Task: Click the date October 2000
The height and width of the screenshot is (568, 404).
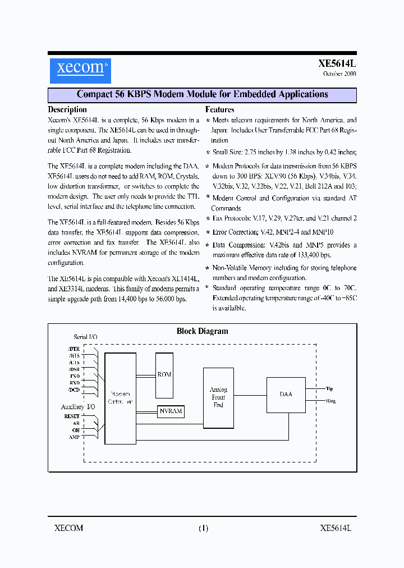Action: [x=339, y=74]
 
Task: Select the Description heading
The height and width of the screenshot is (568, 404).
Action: [x=67, y=110]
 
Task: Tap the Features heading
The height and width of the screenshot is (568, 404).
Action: [x=220, y=110]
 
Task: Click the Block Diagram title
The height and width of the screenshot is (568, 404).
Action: [x=203, y=331]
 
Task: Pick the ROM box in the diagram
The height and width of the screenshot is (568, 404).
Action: [x=164, y=374]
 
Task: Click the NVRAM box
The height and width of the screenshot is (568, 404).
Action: [x=171, y=411]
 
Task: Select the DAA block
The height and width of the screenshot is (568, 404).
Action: [x=286, y=395]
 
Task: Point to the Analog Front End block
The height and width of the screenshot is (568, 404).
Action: [x=218, y=397]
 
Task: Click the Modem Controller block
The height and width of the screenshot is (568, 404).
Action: [x=121, y=398]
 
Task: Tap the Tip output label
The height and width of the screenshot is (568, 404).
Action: [x=329, y=388]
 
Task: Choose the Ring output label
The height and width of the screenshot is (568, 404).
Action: [x=330, y=401]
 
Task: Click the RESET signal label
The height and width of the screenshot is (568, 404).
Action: [x=72, y=416]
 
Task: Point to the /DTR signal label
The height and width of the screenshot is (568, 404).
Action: [x=74, y=349]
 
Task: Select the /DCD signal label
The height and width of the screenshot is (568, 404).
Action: [x=74, y=390]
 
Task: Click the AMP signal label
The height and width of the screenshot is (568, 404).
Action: [x=74, y=437]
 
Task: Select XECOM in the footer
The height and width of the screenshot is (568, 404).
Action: [x=68, y=528]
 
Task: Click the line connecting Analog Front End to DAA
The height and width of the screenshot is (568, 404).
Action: [x=250, y=395]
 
